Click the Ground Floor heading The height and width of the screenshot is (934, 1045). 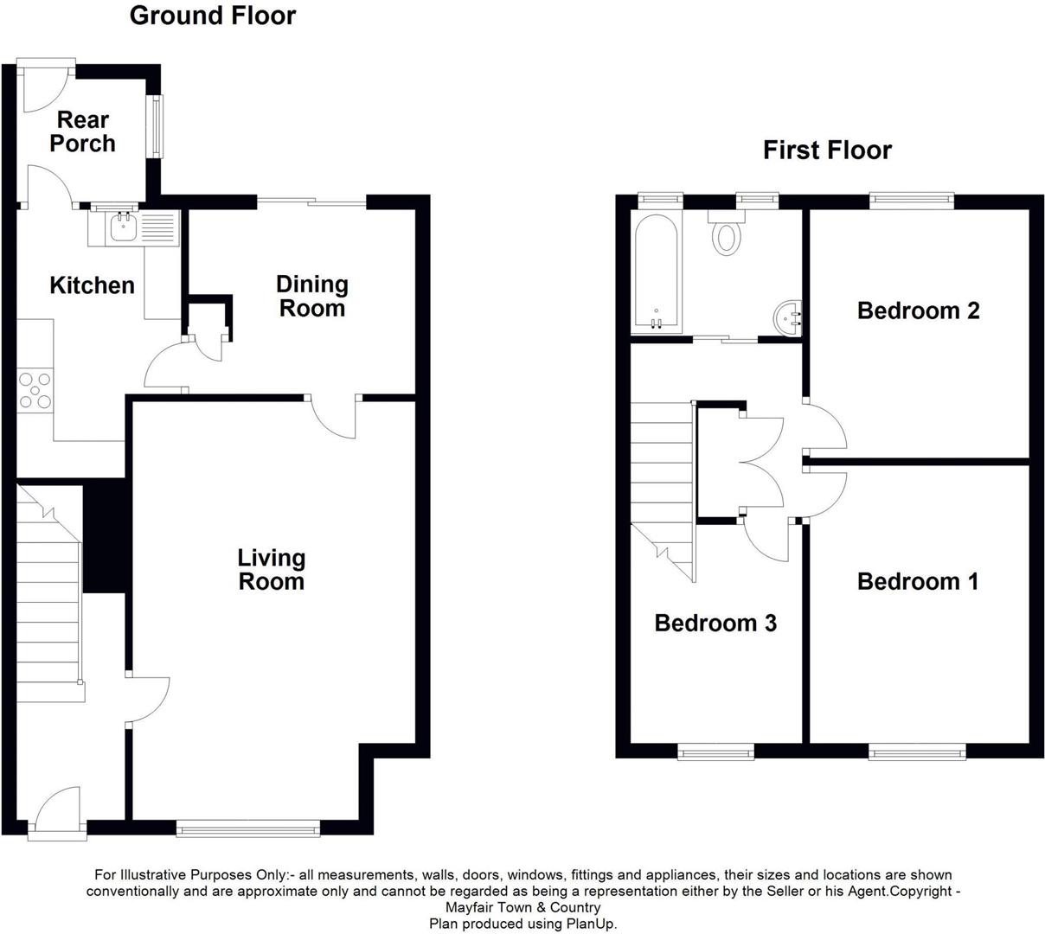tap(212, 16)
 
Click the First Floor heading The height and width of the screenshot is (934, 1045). tap(826, 150)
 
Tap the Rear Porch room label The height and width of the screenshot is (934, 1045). tap(82, 131)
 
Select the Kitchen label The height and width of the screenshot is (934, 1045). tap(92, 285)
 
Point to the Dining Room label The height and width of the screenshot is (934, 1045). tap(311, 296)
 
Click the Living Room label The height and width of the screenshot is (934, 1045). tap(272, 569)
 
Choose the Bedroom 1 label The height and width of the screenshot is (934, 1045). tap(917, 581)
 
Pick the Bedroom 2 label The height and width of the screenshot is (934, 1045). tap(918, 310)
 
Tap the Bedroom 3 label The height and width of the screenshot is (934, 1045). tap(715, 623)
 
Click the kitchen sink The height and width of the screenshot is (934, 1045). tap(120, 229)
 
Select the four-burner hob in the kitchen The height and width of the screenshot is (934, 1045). tap(35, 389)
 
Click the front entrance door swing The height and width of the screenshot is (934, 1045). tap(59, 809)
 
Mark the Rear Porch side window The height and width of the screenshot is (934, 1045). tap(157, 125)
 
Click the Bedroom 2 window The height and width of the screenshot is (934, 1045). tap(911, 201)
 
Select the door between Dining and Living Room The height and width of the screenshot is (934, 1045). tap(336, 417)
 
